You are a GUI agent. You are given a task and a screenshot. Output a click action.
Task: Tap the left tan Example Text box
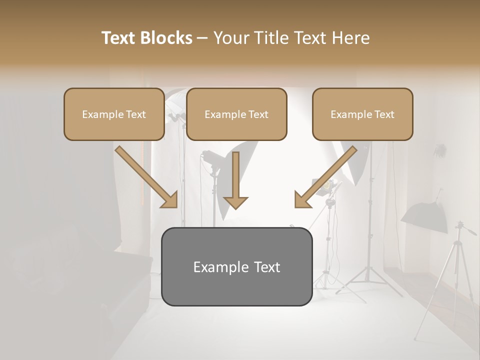point(114,114)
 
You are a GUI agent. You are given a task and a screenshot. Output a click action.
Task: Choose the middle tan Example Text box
point(236,114)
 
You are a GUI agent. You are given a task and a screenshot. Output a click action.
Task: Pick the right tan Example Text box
point(362,114)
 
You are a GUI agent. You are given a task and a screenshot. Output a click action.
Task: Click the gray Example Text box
point(236,266)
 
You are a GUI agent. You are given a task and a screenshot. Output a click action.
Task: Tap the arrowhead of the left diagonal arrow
point(170,200)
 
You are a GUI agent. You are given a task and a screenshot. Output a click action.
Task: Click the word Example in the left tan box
point(100,114)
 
